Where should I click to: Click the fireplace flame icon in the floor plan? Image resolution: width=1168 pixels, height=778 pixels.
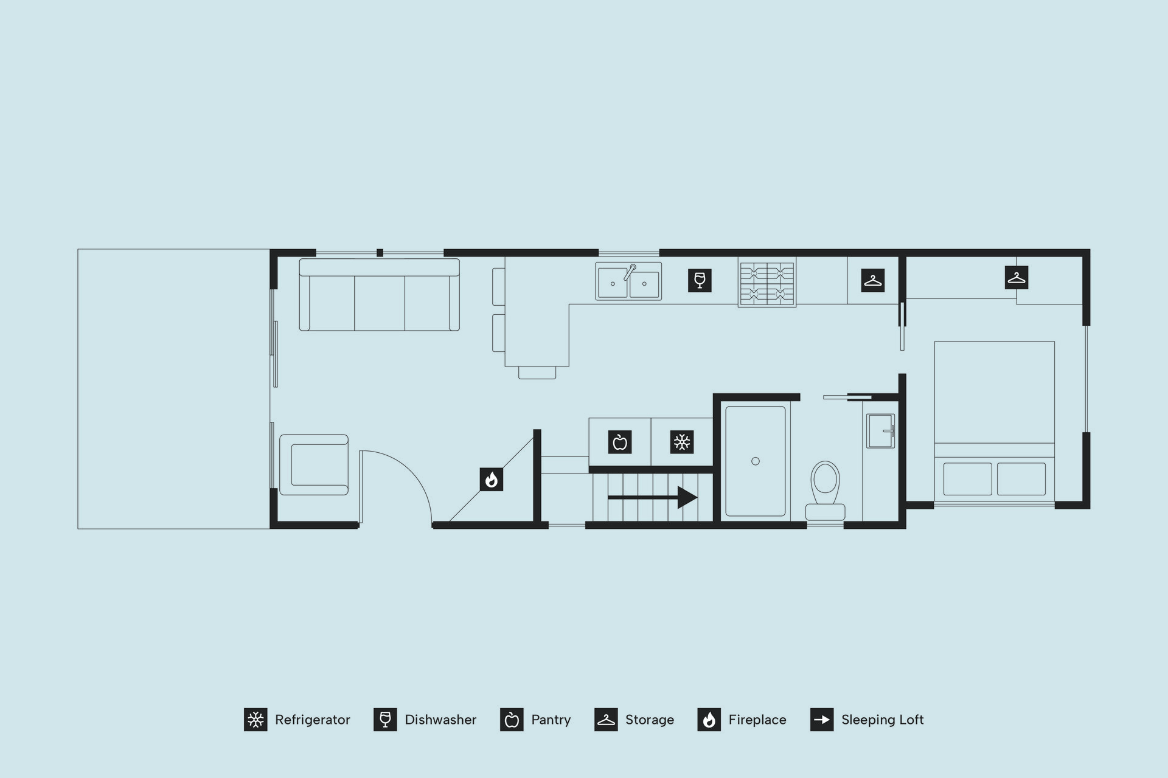point(492,480)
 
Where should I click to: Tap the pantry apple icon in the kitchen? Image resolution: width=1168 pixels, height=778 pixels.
point(620,442)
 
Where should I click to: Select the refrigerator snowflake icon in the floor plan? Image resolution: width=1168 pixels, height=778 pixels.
point(682,442)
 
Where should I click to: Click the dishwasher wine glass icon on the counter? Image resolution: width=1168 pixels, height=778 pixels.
point(700,280)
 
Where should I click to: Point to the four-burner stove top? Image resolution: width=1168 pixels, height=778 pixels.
point(767,283)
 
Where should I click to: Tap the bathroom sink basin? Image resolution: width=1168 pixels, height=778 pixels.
point(880,431)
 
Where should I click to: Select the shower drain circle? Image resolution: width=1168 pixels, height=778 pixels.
point(756,461)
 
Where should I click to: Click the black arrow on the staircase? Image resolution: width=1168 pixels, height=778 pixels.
point(652,497)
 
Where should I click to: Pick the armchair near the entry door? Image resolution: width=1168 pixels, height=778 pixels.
point(314,464)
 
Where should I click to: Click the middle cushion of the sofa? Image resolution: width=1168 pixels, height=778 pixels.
point(380,303)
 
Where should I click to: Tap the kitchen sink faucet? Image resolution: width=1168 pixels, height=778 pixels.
point(629,272)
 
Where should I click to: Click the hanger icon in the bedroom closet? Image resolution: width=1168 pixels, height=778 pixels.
point(1016,278)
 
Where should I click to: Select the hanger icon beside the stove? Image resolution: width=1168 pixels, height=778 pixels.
point(873,280)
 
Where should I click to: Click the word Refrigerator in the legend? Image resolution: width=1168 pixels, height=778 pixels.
point(313,720)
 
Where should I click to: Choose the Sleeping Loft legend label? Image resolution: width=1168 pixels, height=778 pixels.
point(883,720)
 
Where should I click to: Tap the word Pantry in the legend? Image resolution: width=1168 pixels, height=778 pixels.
point(551,720)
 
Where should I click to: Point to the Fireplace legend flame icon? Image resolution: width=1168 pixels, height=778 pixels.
point(709,720)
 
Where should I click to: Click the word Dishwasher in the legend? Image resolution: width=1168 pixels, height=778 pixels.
point(440,720)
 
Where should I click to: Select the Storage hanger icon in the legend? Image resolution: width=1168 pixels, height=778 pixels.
point(606,720)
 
